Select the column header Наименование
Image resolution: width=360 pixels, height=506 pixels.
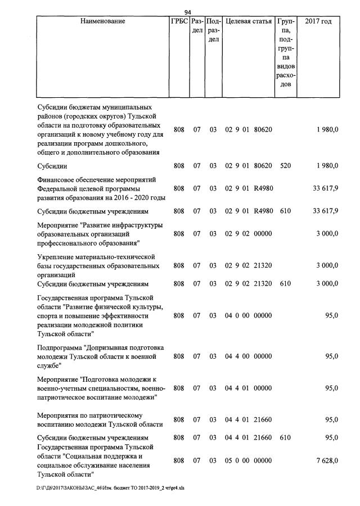point(102,21)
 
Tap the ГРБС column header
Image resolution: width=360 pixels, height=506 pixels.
point(178,21)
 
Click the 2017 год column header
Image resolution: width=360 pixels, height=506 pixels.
point(318,21)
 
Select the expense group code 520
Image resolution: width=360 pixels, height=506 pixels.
point(285,165)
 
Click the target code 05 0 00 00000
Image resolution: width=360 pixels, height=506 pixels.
point(249,460)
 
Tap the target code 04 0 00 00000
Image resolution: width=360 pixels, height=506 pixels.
point(249,316)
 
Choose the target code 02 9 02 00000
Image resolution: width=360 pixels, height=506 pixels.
point(249,233)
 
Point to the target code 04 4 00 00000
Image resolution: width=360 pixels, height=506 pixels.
point(249,356)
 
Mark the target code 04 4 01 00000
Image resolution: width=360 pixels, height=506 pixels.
point(249,388)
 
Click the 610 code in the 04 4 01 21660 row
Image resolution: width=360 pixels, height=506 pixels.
point(285,437)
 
